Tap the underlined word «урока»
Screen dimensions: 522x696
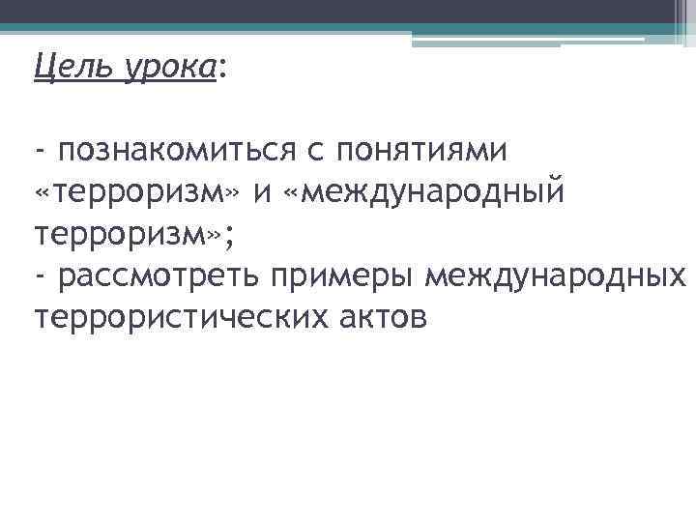(x=167, y=68)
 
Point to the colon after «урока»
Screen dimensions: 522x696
(x=224, y=70)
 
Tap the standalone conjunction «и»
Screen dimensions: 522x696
(x=261, y=192)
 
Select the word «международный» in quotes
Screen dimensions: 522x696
(x=431, y=192)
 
